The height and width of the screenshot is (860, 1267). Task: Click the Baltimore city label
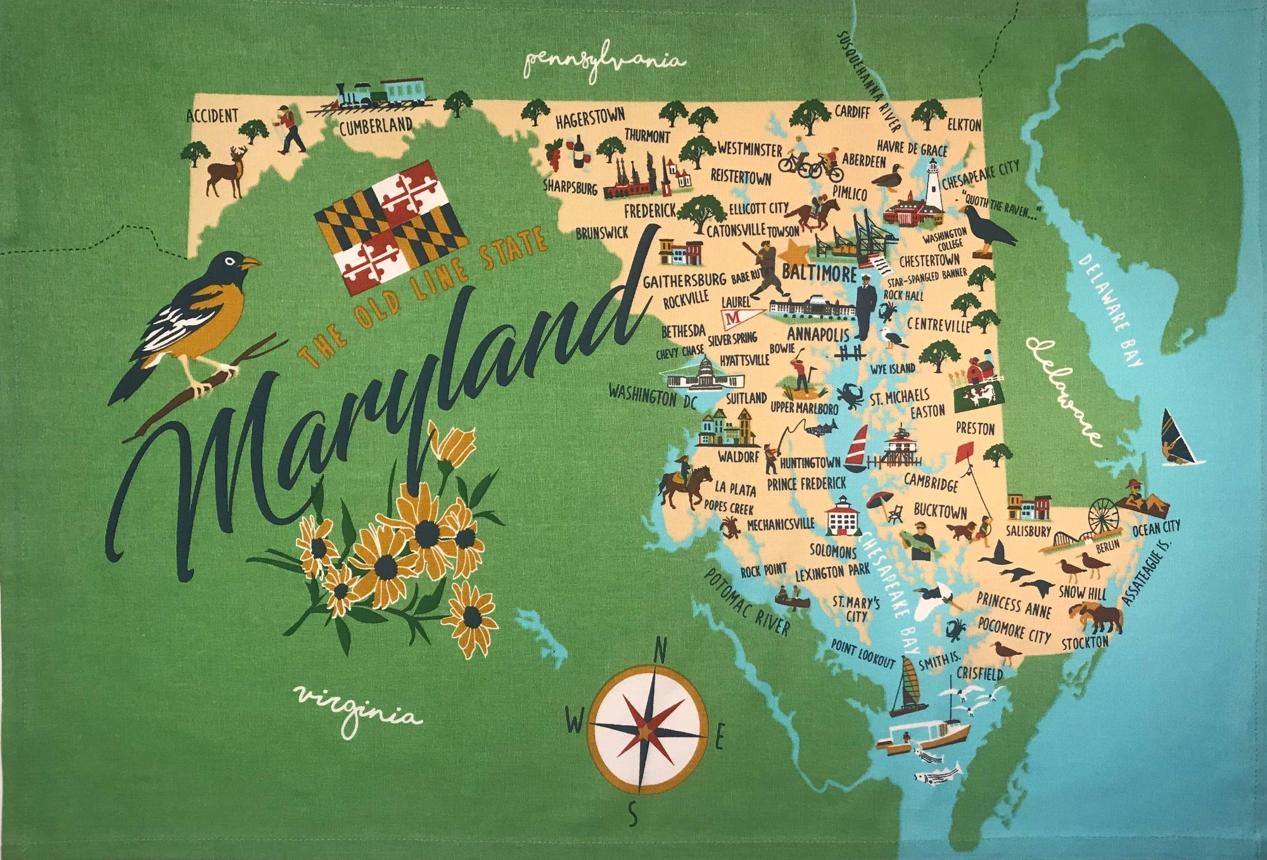point(819,274)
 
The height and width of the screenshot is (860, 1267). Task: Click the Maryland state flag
point(391,227)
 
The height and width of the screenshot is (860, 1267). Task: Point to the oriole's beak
point(251,262)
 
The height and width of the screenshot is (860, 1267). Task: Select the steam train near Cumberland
point(380,95)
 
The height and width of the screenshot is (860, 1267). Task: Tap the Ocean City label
point(1156,528)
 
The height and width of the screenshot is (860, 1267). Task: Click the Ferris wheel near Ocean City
point(1104,516)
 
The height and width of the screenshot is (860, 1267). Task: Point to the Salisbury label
point(1028,532)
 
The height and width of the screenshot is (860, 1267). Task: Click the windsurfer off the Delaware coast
point(1178,437)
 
